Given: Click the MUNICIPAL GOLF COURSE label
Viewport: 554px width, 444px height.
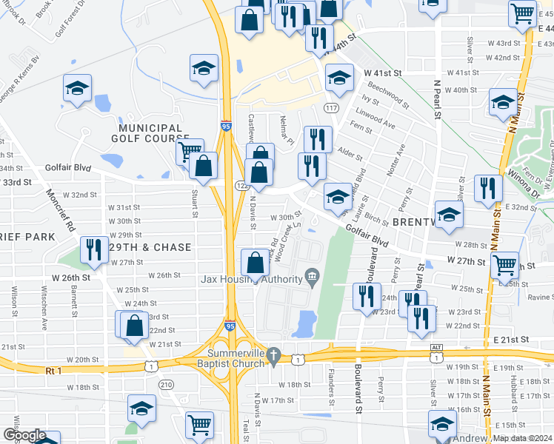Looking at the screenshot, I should (147, 133).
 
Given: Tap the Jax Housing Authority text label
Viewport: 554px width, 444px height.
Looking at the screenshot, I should (251, 279).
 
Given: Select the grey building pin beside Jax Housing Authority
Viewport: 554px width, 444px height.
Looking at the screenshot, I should (312, 278).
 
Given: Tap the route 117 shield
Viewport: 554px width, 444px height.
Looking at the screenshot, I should (331, 108).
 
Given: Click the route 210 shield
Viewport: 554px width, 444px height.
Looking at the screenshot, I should (166, 384).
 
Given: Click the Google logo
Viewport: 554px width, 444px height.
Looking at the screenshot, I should (24, 434).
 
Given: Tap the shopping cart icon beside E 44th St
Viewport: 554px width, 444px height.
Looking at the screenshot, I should (523, 13).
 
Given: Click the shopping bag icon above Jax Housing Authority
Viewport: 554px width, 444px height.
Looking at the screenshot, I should (255, 263).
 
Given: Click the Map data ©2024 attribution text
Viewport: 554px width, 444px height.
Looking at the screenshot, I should (523, 438).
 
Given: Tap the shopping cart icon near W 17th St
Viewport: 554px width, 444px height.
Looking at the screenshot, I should (199, 425).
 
